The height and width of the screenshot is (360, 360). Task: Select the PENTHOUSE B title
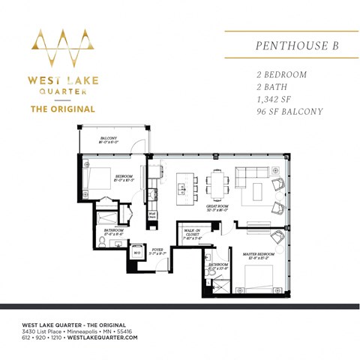coord(297,46)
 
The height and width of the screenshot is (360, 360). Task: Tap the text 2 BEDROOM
coord(281,75)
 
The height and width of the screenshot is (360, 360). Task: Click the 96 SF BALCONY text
coord(289,112)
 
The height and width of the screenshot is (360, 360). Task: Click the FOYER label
coord(157,252)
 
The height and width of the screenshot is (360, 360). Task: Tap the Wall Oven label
coord(152,215)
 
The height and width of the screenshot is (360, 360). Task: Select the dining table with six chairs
coord(217,182)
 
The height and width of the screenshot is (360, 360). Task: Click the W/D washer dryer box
coord(137,253)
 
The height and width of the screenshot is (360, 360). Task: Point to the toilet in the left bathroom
coord(103,241)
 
